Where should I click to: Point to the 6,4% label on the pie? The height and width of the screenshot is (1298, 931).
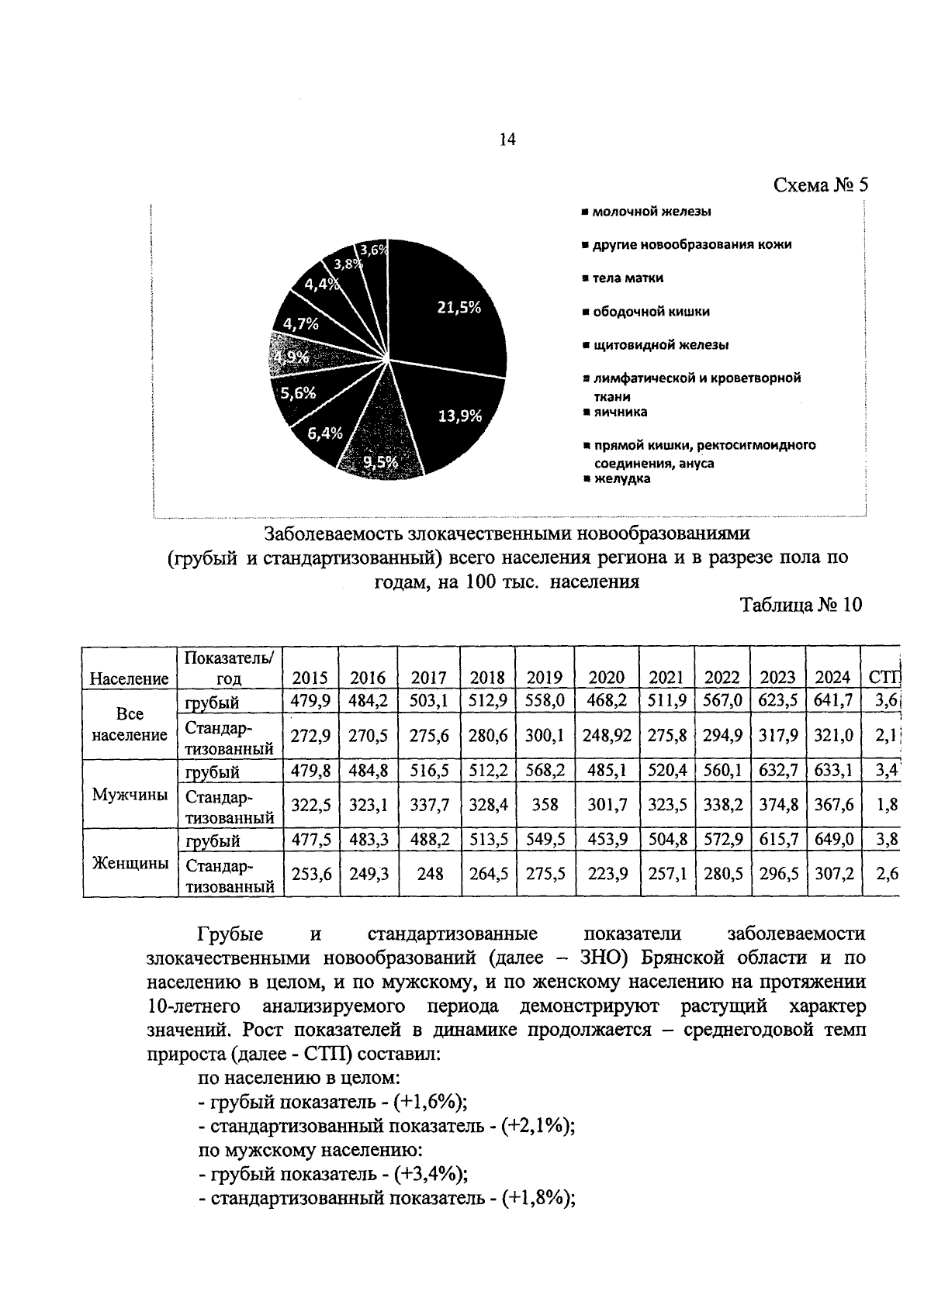coord(324,433)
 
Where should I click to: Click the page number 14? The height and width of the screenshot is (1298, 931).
coord(507,140)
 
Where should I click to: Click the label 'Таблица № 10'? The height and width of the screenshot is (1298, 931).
coord(801,605)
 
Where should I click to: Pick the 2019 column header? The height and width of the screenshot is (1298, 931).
coord(545,677)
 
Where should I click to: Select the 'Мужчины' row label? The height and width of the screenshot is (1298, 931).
coord(130,795)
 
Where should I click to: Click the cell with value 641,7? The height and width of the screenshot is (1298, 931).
coord(833,701)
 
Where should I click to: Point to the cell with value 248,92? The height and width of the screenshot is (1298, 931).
coord(607,735)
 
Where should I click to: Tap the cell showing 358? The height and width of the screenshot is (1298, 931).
coord(545,804)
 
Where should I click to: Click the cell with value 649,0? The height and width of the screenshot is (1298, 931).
coord(833,840)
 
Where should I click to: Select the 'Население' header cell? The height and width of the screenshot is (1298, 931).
coord(130,678)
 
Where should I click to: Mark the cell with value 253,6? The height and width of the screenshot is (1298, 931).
coord(310,873)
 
